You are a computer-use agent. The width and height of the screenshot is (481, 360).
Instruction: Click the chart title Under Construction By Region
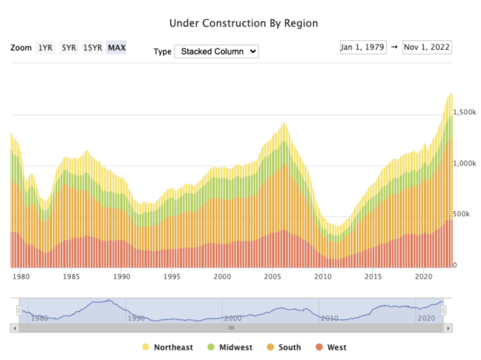coord(243,23)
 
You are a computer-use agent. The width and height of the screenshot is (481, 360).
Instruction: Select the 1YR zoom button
coord(45,48)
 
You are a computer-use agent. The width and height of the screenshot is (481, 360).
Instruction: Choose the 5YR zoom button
coord(69,48)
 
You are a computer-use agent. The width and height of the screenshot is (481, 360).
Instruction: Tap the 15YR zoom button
coord(92,48)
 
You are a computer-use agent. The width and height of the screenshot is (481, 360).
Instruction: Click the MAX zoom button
coord(116,48)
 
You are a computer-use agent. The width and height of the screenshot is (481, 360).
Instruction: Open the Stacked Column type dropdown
coord(216,51)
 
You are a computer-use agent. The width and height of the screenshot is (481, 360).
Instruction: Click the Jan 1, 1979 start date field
coord(363,48)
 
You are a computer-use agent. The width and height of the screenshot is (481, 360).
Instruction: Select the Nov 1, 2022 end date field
coord(427,48)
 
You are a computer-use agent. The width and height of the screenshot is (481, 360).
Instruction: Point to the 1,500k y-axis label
coord(464,112)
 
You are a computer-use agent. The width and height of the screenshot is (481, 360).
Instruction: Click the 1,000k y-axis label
coord(464,163)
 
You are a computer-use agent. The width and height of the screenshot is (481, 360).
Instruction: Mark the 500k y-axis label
coord(462,214)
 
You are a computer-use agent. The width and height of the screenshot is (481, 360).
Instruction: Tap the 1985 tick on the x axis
coord(71,276)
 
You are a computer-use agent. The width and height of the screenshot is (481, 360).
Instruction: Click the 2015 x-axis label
coord(373,276)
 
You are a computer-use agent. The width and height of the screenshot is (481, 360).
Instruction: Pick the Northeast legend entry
coord(168,347)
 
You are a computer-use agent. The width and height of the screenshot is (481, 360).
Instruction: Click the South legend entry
coord(284,347)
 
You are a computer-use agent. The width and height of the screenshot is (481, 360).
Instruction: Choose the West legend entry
coord(331,347)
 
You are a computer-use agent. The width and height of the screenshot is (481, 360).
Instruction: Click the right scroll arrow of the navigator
coord(448,327)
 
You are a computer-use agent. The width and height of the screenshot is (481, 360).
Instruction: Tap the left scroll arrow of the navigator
coord(14,327)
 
